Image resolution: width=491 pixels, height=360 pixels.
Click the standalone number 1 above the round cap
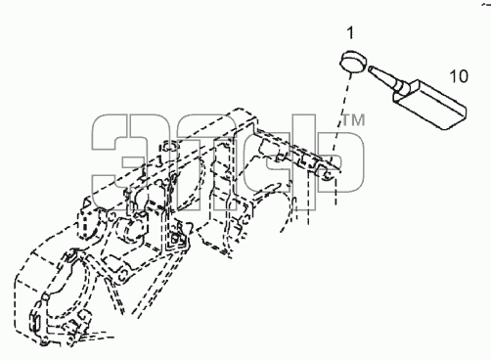[350, 33]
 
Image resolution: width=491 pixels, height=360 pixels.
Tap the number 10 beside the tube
[459, 76]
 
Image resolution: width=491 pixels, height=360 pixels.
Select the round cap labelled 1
[353, 62]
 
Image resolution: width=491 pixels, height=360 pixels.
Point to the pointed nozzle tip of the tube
[370, 68]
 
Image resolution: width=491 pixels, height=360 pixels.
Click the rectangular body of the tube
[431, 105]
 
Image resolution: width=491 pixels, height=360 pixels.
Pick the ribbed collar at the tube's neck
[400, 86]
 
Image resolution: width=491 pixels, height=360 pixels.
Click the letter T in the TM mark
[346, 119]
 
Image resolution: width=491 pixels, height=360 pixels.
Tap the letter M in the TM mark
[358, 119]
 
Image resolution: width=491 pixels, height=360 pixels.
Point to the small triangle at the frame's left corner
[87, 202]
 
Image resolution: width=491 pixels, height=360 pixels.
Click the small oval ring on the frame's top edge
[169, 146]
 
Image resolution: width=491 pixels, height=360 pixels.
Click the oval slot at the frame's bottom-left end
[35, 321]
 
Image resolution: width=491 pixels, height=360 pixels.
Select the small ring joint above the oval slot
[47, 297]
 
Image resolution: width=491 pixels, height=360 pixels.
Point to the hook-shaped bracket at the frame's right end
[326, 172]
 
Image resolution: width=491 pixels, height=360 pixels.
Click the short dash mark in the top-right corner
[486, 5]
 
